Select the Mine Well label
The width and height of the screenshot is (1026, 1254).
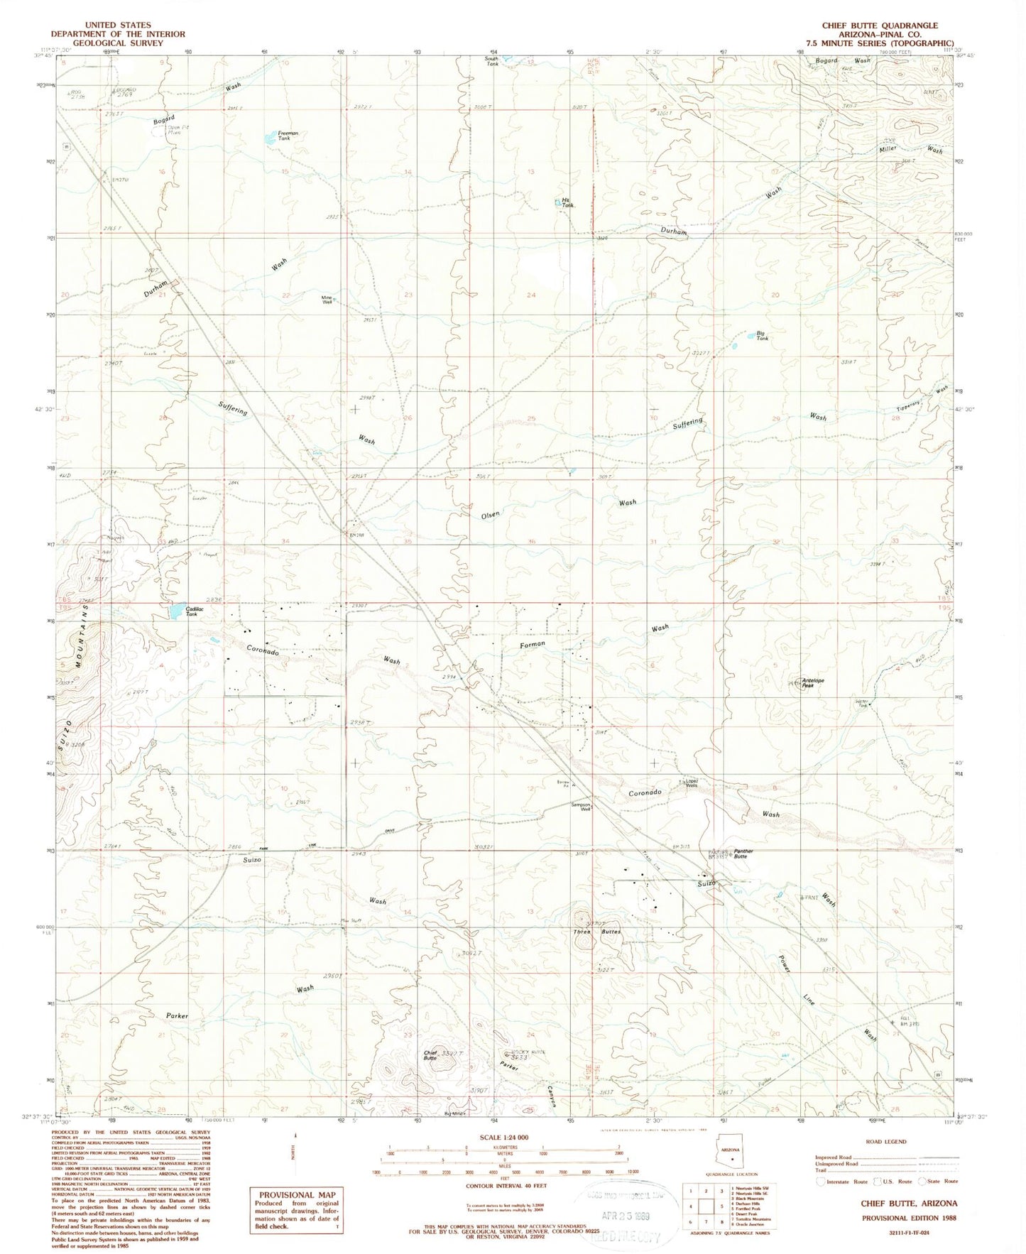pyautogui.click(x=327, y=300)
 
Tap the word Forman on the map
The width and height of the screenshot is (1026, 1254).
pyautogui.click(x=533, y=644)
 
